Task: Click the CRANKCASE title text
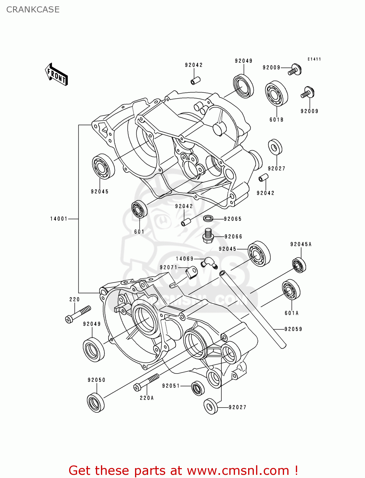33,10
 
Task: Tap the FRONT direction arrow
56,75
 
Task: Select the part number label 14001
59,219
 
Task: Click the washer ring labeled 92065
208,219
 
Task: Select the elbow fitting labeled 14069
209,262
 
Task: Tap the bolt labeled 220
78,314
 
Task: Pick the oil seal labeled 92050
96,403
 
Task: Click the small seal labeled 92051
198,388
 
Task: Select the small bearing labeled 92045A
299,265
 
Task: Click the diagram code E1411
314,59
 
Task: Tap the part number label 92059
293,329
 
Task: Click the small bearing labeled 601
140,210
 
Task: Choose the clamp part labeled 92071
192,272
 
